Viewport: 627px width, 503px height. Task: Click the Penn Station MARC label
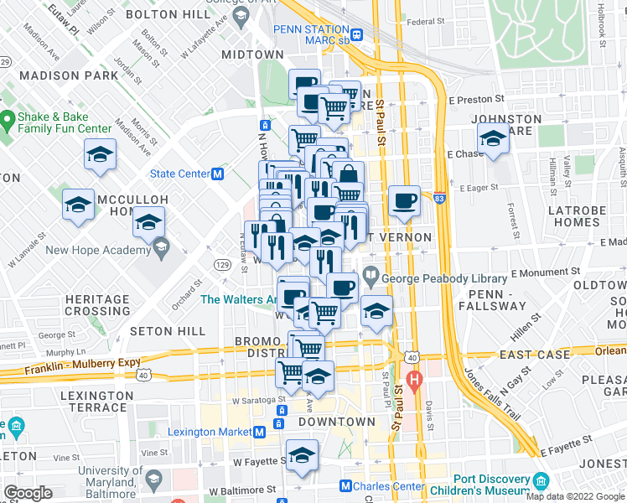311,34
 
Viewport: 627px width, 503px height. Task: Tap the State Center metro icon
218,174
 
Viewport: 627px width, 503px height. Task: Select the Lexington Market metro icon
260,432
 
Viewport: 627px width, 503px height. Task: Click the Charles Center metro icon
345,485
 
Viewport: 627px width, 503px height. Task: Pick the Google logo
28,492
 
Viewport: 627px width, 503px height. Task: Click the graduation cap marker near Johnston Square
493,139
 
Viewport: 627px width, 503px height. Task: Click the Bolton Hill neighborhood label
163,14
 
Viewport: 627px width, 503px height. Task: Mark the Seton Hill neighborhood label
169,331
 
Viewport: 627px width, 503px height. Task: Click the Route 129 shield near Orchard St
222,265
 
